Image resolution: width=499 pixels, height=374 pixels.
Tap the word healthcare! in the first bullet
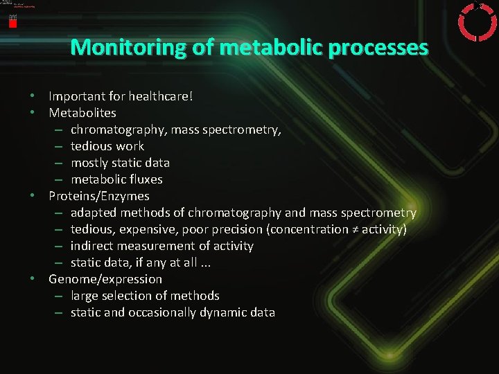pos(159,96)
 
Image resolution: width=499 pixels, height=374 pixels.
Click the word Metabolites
pos(82,113)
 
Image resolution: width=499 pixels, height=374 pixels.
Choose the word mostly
pos(89,163)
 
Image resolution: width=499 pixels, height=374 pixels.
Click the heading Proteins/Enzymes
pos(98,196)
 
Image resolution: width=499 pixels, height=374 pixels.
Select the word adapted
pos(93,213)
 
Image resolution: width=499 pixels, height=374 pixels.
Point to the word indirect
pos(91,246)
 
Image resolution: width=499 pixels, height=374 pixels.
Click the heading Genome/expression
pos(105,279)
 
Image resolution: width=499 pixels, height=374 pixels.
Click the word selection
pos(128,296)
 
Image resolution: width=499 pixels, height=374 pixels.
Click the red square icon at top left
pos(12,22)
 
